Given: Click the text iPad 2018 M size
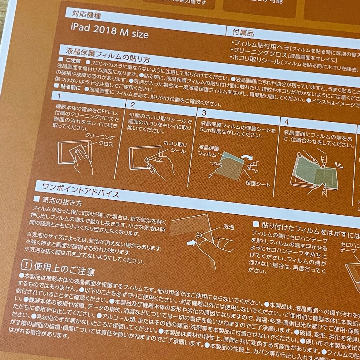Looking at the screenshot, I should click(x=109, y=31).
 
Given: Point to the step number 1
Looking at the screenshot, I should click(x=59, y=95).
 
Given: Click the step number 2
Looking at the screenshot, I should click(x=133, y=104).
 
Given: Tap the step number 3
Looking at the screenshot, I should click(x=204, y=112).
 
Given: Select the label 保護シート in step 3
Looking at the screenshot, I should click(x=258, y=184).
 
